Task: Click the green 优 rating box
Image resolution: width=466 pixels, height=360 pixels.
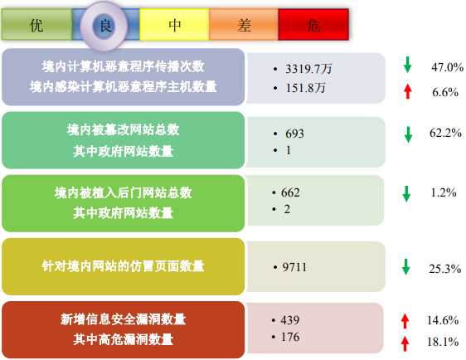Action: (x=36, y=24)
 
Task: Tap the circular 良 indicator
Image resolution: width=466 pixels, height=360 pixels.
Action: (x=104, y=26)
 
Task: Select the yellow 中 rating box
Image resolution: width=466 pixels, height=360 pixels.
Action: (x=174, y=24)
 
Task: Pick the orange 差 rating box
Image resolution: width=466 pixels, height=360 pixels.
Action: (x=244, y=24)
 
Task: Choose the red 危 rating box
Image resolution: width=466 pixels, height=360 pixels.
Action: (x=313, y=24)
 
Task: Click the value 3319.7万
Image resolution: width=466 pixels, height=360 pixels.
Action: (x=308, y=69)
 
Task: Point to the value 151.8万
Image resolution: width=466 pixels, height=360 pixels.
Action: (x=305, y=88)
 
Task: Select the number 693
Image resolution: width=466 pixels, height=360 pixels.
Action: (x=294, y=134)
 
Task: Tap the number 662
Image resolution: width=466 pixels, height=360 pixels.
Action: (x=290, y=192)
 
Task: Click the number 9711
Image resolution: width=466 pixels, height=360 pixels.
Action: (x=294, y=267)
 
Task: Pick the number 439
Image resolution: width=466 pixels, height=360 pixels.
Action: (x=289, y=320)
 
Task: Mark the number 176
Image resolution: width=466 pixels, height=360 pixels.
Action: (x=289, y=337)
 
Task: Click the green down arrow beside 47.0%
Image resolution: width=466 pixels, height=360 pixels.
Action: (x=407, y=65)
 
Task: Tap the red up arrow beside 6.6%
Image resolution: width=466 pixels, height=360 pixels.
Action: (x=408, y=91)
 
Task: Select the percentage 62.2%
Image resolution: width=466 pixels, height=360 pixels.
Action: (x=445, y=133)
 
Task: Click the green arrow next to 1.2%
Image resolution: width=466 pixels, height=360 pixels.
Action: (x=406, y=194)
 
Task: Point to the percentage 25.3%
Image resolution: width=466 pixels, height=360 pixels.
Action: (x=445, y=269)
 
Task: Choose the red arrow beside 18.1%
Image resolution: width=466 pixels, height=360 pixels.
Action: (x=405, y=343)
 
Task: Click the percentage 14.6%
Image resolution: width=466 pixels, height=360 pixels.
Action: (x=443, y=320)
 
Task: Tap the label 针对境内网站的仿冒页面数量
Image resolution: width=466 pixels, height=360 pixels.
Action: (x=123, y=266)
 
